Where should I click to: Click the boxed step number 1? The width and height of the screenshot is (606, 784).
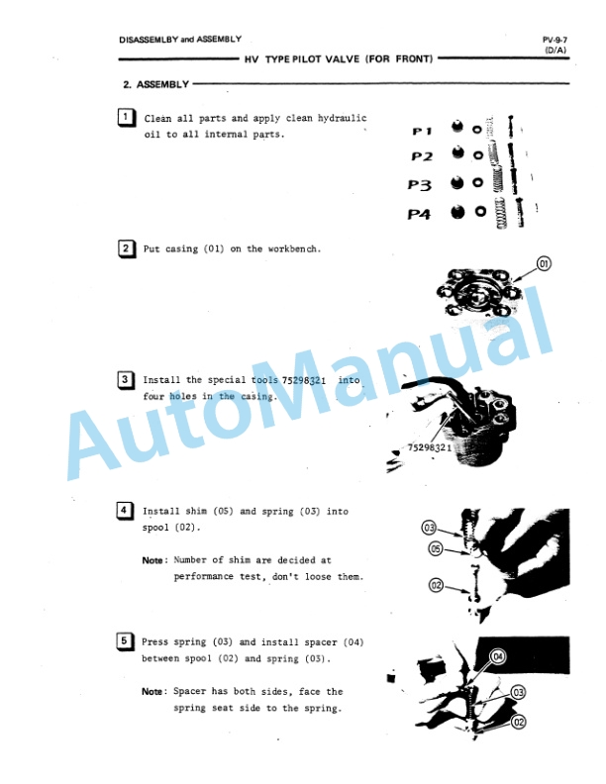(126, 118)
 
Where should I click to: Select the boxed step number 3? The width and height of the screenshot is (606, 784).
(125, 379)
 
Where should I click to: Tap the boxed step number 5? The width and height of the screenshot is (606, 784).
(124, 641)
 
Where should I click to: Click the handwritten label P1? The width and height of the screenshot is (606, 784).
(422, 131)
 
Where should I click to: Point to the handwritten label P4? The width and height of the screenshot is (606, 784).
(419, 215)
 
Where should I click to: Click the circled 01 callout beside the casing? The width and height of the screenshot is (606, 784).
(544, 263)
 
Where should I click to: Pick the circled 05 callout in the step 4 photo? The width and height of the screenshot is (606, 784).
(436, 549)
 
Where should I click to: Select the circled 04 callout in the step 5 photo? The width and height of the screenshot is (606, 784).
(498, 656)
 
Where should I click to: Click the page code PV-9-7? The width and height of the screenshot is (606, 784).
(555, 40)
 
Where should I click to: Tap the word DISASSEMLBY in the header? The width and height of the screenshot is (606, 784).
(149, 40)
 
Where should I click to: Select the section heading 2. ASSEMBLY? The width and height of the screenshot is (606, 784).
(156, 84)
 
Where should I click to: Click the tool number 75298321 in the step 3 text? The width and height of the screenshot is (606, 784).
(304, 380)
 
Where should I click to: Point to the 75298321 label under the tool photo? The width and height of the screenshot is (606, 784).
(430, 447)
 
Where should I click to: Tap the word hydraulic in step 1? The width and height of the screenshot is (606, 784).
(342, 119)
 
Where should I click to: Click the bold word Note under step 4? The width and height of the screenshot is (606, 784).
(152, 560)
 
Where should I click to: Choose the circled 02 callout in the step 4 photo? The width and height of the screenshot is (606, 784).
(436, 585)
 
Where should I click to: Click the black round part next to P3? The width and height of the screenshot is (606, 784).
(456, 183)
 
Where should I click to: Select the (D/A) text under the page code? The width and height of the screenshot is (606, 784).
(555, 50)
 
